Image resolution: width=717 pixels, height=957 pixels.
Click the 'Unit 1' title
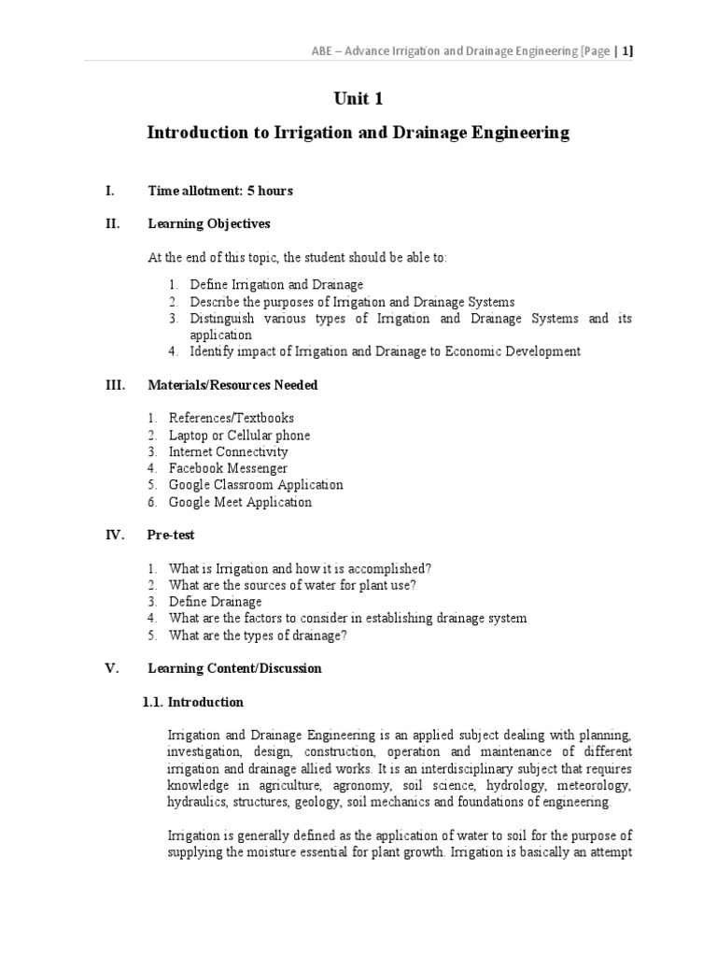[x=358, y=99]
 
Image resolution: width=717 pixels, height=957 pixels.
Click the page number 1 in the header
[x=628, y=51]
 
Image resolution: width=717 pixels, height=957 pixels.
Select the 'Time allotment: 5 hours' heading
[x=220, y=191]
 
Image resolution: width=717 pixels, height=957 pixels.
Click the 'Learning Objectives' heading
[x=209, y=224]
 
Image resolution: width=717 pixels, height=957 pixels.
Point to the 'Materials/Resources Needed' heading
[x=232, y=385]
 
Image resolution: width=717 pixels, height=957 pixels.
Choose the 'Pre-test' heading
[x=172, y=536]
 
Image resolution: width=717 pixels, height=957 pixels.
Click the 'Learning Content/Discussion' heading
[x=234, y=668]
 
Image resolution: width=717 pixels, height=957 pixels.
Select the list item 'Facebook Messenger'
[x=228, y=468]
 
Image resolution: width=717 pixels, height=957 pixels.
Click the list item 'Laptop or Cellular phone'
[x=239, y=436]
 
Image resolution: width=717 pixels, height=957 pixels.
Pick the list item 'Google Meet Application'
[x=240, y=502]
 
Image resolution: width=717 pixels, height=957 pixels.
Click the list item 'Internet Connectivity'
[x=228, y=452]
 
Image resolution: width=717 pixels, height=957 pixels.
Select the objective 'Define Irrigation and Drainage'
[x=276, y=284]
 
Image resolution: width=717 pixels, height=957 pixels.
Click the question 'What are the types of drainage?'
[x=258, y=636]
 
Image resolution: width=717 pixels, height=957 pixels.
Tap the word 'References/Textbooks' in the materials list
[x=231, y=419]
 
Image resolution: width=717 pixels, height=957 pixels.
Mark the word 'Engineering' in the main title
[x=513, y=134]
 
